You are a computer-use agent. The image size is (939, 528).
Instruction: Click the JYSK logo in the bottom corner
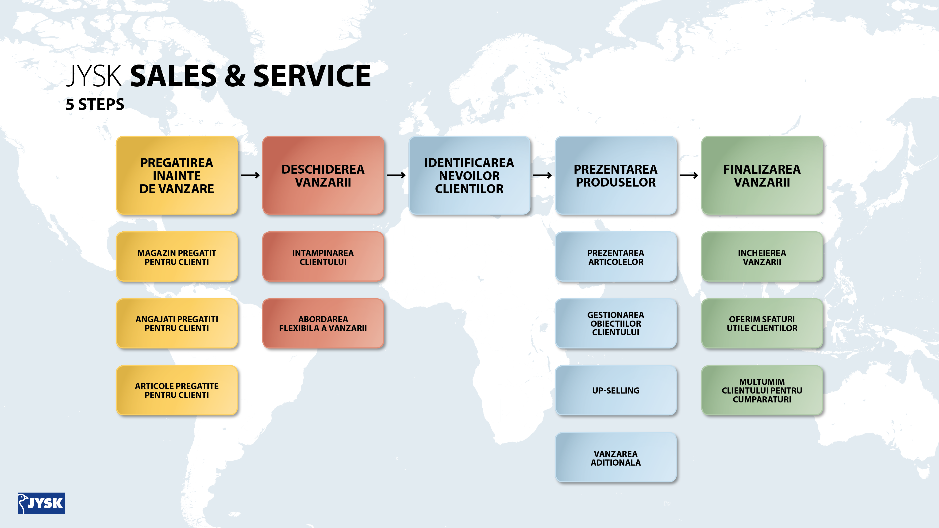coord(42,503)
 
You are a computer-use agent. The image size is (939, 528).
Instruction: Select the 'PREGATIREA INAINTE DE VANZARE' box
coord(177,175)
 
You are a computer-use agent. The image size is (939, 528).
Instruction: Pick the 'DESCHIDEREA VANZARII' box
coord(323,175)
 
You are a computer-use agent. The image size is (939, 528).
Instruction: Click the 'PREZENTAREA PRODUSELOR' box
coord(616,175)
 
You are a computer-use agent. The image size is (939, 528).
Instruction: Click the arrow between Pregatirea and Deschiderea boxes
coord(250,175)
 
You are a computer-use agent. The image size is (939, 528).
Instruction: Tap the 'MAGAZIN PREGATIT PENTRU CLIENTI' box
coord(177,257)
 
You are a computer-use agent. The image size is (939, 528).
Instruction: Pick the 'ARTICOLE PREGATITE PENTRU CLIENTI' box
coord(177,390)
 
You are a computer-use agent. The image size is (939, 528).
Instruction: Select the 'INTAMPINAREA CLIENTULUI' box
coord(323,257)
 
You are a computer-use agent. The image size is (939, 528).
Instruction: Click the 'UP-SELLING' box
coord(616,390)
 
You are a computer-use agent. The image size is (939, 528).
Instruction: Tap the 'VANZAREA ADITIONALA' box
coord(616,458)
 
